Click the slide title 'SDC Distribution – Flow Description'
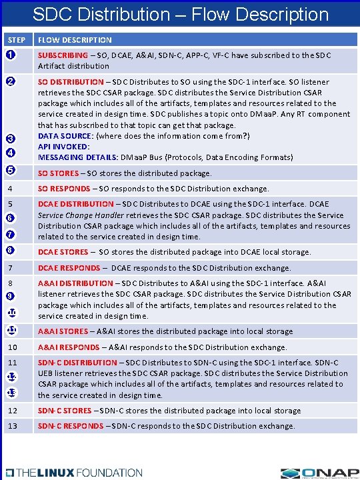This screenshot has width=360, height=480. [x=180, y=14]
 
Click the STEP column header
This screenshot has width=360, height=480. [x=17, y=40]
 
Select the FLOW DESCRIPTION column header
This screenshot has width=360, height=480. [x=75, y=40]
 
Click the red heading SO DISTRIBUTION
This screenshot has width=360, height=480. [x=71, y=82]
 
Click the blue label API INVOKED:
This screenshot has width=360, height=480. [x=64, y=146]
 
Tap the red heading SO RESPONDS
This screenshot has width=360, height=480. [x=63, y=189]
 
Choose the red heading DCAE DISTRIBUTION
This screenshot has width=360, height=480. [x=76, y=204]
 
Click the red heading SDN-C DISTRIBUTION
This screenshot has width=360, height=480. [x=77, y=362]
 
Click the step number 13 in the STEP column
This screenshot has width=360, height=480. [x=13, y=426]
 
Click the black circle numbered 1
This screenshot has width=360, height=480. [x=11, y=55]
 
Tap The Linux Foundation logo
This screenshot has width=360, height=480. [x=73, y=472]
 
